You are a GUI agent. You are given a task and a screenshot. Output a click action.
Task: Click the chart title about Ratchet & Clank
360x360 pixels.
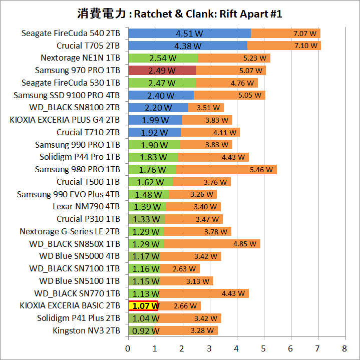click(x=180, y=14)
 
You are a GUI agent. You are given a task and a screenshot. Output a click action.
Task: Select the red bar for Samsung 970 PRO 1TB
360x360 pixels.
click(x=162, y=70)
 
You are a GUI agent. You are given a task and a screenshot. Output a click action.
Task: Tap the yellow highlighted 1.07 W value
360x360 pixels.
click(x=144, y=306)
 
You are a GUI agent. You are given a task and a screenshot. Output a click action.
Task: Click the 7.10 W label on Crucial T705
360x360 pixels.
click(x=306, y=46)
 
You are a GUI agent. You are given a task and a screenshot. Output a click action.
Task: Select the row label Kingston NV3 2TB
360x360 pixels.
click(x=86, y=330)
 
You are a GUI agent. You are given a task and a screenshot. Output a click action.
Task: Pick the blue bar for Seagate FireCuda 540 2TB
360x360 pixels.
click(x=189, y=34)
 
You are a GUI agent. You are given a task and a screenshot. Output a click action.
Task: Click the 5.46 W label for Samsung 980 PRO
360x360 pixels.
click(x=262, y=170)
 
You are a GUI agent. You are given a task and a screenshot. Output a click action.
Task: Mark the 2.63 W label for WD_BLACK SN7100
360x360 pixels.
click(x=184, y=269)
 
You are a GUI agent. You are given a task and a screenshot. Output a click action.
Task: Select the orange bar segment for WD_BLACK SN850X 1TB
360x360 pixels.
click(x=212, y=244)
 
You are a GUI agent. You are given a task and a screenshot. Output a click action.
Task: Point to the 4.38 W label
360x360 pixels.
click(x=188, y=46)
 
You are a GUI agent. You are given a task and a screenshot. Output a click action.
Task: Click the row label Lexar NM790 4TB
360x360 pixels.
click(x=86, y=207)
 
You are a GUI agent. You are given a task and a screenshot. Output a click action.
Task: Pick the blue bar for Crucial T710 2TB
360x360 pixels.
click(x=154, y=132)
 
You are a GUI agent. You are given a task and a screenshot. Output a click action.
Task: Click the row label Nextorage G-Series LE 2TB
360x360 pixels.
click(x=70, y=231)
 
